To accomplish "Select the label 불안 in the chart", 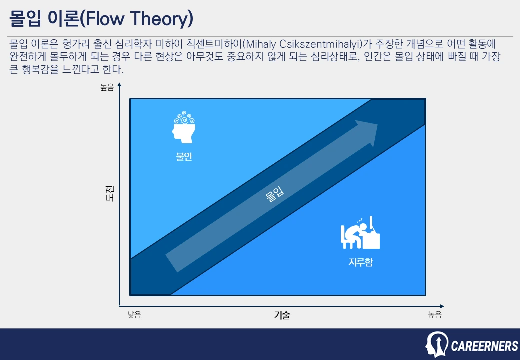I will [x=184, y=157].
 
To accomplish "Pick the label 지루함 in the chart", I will [x=360, y=262].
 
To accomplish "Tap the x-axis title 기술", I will [x=282, y=315].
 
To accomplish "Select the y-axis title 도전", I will [x=109, y=193].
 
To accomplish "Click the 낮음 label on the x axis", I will [x=134, y=315].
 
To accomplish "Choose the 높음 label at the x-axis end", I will [x=434, y=315].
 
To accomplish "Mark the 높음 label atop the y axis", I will [x=107, y=88].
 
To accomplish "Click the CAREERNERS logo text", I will [x=484, y=346].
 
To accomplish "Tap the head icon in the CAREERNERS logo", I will [x=436, y=344].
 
